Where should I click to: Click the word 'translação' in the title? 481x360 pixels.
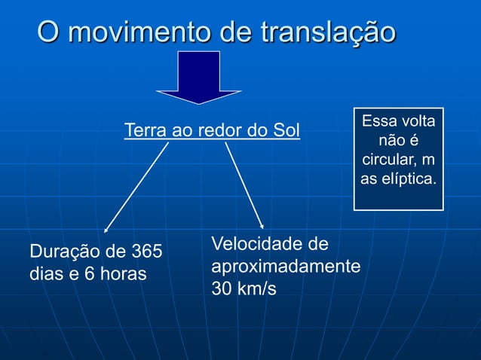coord(327,33)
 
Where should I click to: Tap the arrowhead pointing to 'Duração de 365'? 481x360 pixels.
coord(106,229)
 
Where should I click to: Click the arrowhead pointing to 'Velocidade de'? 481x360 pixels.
coord(262,225)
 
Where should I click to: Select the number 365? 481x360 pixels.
coord(147,251)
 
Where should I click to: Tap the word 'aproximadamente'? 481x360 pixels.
coord(286,267)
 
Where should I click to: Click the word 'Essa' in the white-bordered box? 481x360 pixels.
coord(378,121)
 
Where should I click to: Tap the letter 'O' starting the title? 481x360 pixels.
coord(47,33)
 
